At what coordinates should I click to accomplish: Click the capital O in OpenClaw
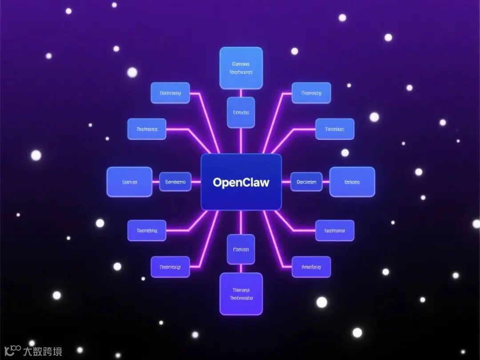(x=217, y=182)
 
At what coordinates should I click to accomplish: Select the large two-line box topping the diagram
(x=241, y=68)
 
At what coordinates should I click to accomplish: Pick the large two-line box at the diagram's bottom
(x=241, y=294)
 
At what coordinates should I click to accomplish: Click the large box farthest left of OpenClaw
(x=129, y=182)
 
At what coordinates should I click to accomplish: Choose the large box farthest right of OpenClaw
(x=352, y=182)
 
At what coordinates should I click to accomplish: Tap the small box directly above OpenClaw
(x=241, y=112)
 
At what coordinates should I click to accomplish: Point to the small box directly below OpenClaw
(x=241, y=249)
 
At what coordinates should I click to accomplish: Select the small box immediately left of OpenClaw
(x=175, y=182)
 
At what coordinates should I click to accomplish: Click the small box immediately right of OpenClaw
(x=306, y=182)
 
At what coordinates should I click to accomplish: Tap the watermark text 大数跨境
(x=43, y=352)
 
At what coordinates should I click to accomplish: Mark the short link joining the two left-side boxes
(x=156, y=182)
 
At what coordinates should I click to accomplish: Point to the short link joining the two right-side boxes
(x=326, y=182)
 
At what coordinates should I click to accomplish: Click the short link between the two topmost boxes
(x=241, y=93)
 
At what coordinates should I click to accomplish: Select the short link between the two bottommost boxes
(x=241, y=268)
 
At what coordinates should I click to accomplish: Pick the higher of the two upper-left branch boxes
(x=170, y=93)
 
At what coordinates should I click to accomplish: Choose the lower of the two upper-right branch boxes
(x=335, y=129)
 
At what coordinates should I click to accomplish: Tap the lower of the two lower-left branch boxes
(x=170, y=267)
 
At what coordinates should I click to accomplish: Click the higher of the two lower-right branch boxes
(x=335, y=231)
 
